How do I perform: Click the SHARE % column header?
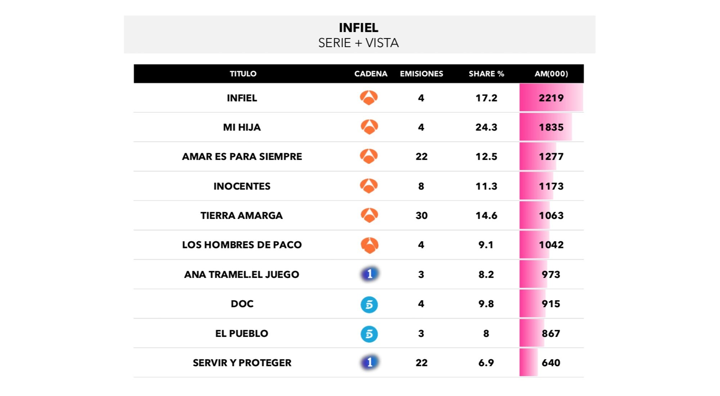[x=486, y=74]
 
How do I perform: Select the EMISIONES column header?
[x=421, y=74]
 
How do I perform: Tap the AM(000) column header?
[x=551, y=74]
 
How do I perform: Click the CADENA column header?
[x=370, y=74]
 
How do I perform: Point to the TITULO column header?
[x=243, y=74]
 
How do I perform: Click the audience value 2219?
[x=551, y=98]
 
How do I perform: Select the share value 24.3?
[x=486, y=127]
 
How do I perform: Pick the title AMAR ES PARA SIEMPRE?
[x=242, y=157]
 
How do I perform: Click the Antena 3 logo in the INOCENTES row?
[x=369, y=186]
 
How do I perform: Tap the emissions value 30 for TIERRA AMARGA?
[x=421, y=216]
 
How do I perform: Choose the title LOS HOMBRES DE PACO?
[x=242, y=245]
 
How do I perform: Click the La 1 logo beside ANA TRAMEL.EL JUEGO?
[x=369, y=274]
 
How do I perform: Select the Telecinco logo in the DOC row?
[x=369, y=304]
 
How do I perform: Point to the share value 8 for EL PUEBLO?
[x=486, y=334]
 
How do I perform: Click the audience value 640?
[x=551, y=363]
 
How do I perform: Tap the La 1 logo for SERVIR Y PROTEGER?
[x=369, y=362]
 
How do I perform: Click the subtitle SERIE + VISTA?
[x=358, y=43]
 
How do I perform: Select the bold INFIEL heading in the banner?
[x=358, y=28]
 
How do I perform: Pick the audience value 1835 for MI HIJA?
[x=551, y=127]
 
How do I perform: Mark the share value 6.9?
[x=486, y=363]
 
